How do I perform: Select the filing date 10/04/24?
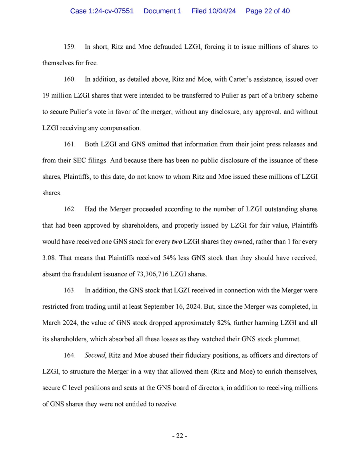222,11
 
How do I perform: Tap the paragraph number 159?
70,47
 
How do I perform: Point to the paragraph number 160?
70,79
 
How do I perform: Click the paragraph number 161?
70,144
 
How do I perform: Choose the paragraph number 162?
70,209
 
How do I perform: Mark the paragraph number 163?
70,290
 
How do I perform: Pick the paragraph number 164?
70,355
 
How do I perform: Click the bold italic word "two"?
177,242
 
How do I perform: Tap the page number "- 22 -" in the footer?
180,436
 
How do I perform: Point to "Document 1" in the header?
162,11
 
